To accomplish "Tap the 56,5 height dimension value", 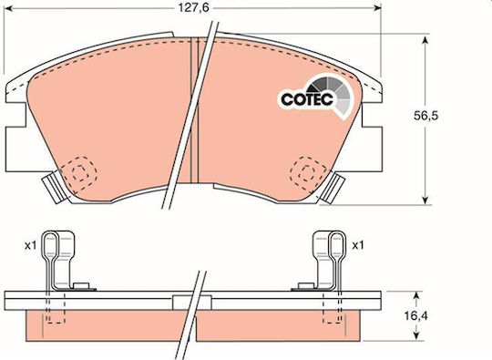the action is [425, 116].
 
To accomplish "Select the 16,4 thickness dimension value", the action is [415, 316].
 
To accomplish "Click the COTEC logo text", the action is [307, 99].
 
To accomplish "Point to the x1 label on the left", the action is [31, 246].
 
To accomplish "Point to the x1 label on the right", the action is [358, 245].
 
